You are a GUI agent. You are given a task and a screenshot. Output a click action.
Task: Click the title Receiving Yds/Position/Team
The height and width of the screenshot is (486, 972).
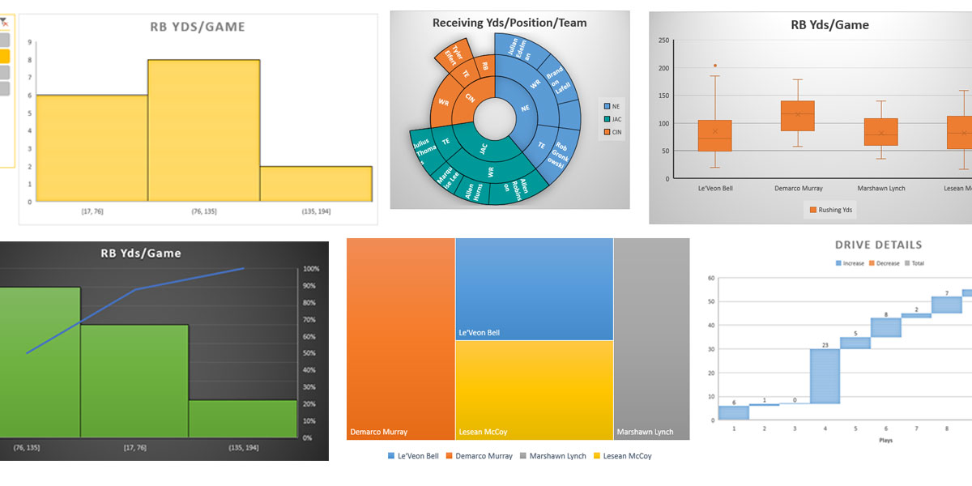(x=509, y=23)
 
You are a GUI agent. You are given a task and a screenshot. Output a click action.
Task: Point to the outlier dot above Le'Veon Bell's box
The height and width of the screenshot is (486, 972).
(x=714, y=66)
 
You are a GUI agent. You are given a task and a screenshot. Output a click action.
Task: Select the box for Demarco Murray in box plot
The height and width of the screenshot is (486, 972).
(x=797, y=116)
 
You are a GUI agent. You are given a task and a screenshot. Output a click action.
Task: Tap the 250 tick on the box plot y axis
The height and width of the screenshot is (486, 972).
(x=663, y=40)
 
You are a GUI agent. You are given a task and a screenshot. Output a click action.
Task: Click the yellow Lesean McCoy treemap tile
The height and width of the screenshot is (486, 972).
(x=534, y=389)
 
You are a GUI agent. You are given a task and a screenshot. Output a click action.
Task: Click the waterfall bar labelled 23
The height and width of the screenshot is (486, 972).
(x=825, y=375)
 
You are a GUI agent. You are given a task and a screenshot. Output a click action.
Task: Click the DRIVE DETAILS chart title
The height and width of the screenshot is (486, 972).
(x=878, y=245)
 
